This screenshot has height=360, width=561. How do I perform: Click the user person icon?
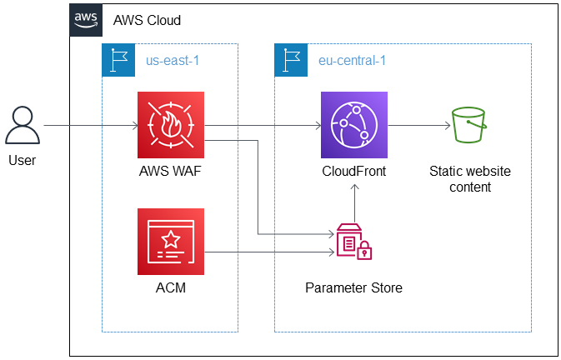[23, 126]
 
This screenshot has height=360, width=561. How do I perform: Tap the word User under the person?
[23, 159]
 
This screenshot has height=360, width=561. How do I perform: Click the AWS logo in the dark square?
[86, 19]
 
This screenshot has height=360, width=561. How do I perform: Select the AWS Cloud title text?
[147, 20]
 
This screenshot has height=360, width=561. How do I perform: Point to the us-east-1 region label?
[173, 61]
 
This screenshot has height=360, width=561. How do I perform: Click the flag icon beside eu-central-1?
[292, 60]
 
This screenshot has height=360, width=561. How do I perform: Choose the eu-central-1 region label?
[352, 61]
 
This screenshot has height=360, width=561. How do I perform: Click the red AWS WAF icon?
[171, 126]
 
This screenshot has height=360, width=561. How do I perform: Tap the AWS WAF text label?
[171, 172]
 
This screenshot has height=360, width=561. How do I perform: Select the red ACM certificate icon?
[171, 242]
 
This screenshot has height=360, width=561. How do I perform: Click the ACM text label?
[171, 288]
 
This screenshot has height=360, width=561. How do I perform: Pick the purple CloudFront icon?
[354, 126]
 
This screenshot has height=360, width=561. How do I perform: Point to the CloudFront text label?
[354, 172]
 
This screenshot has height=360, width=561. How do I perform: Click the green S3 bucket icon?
[469, 127]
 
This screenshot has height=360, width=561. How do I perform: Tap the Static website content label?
[470, 179]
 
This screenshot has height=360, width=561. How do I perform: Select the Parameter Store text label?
[353, 288]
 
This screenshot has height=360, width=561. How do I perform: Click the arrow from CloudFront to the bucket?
[417, 127]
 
